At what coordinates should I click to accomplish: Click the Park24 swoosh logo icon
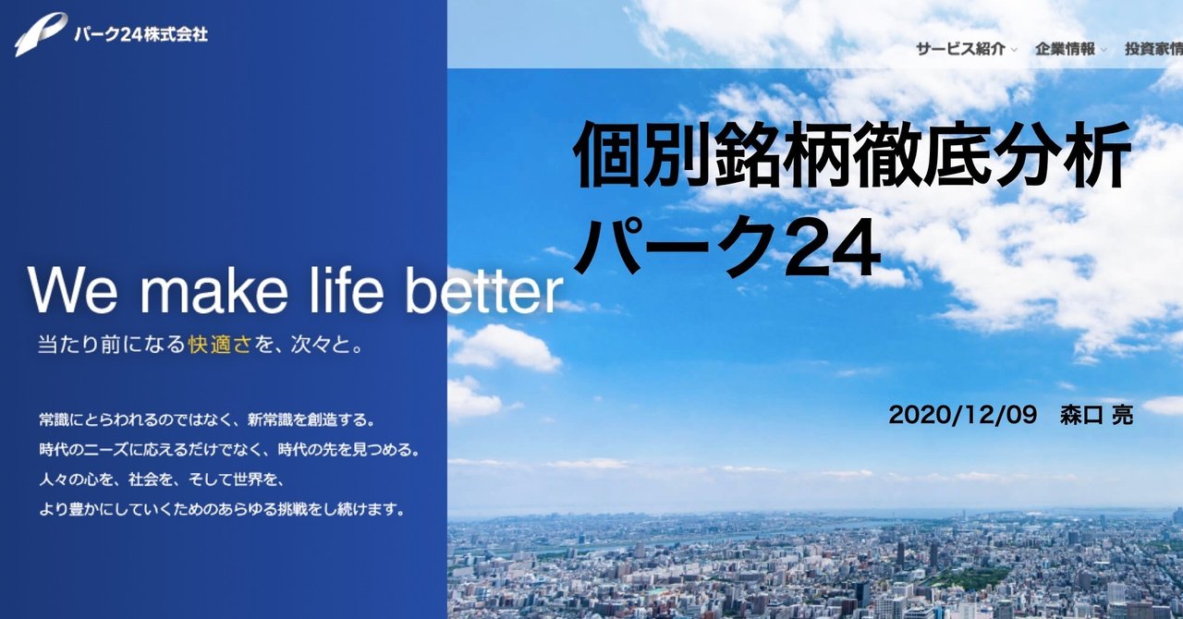[40, 34]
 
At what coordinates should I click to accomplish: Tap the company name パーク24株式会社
[140, 34]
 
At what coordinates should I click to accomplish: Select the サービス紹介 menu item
[960, 49]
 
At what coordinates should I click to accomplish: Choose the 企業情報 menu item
[1065, 49]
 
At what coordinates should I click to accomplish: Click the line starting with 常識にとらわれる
[206, 420]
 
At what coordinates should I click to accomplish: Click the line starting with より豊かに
[222, 509]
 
